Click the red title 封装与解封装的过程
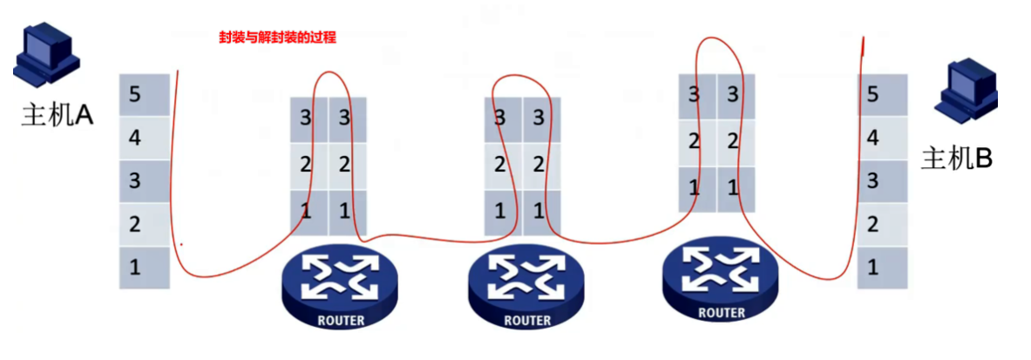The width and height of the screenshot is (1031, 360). tap(277, 37)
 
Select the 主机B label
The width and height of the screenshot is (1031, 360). tap(957, 159)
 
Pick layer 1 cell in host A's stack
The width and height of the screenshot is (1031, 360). tap(144, 267)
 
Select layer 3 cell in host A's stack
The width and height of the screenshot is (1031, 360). tap(144, 180)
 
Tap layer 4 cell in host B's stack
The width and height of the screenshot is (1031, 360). tap(882, 138)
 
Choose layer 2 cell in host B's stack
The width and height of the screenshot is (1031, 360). tap(882, 224)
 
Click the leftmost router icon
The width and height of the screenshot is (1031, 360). tap(339, 281)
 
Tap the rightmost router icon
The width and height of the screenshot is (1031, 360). tap(719, 274)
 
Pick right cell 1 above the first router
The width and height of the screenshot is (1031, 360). tap(348, 211)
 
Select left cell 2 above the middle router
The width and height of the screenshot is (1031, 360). tap(502, 165)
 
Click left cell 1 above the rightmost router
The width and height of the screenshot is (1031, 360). tap(696, 187)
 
